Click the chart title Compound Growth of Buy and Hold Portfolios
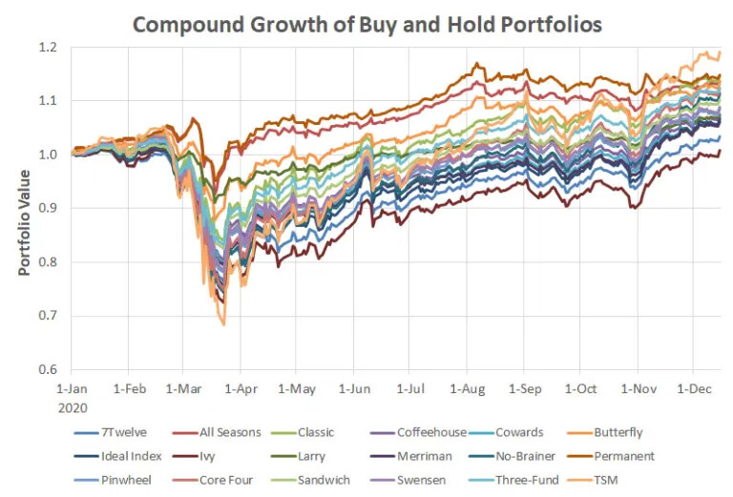(367, 24)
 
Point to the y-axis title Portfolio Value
(25, 221)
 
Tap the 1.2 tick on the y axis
(47, 47)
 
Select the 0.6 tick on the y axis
(47, 370)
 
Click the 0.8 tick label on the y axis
(47, 262)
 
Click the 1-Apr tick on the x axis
(241, 389)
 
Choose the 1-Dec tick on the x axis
(695, 389)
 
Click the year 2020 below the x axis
(73, 406)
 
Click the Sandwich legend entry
(323, 480)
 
